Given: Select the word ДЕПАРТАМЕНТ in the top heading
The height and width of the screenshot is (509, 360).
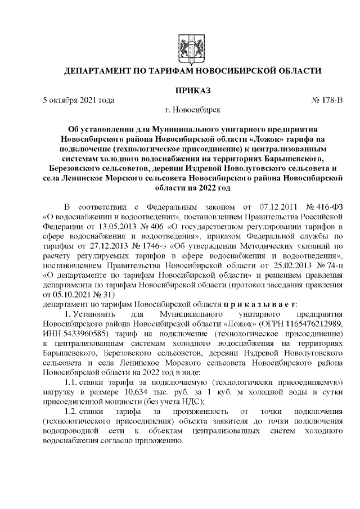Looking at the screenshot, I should tap(101, 71).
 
